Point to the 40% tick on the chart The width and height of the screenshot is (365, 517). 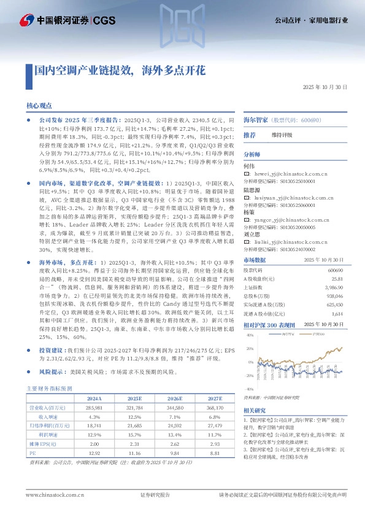tap(249, 335)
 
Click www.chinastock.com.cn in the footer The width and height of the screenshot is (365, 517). tap(50, 495)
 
